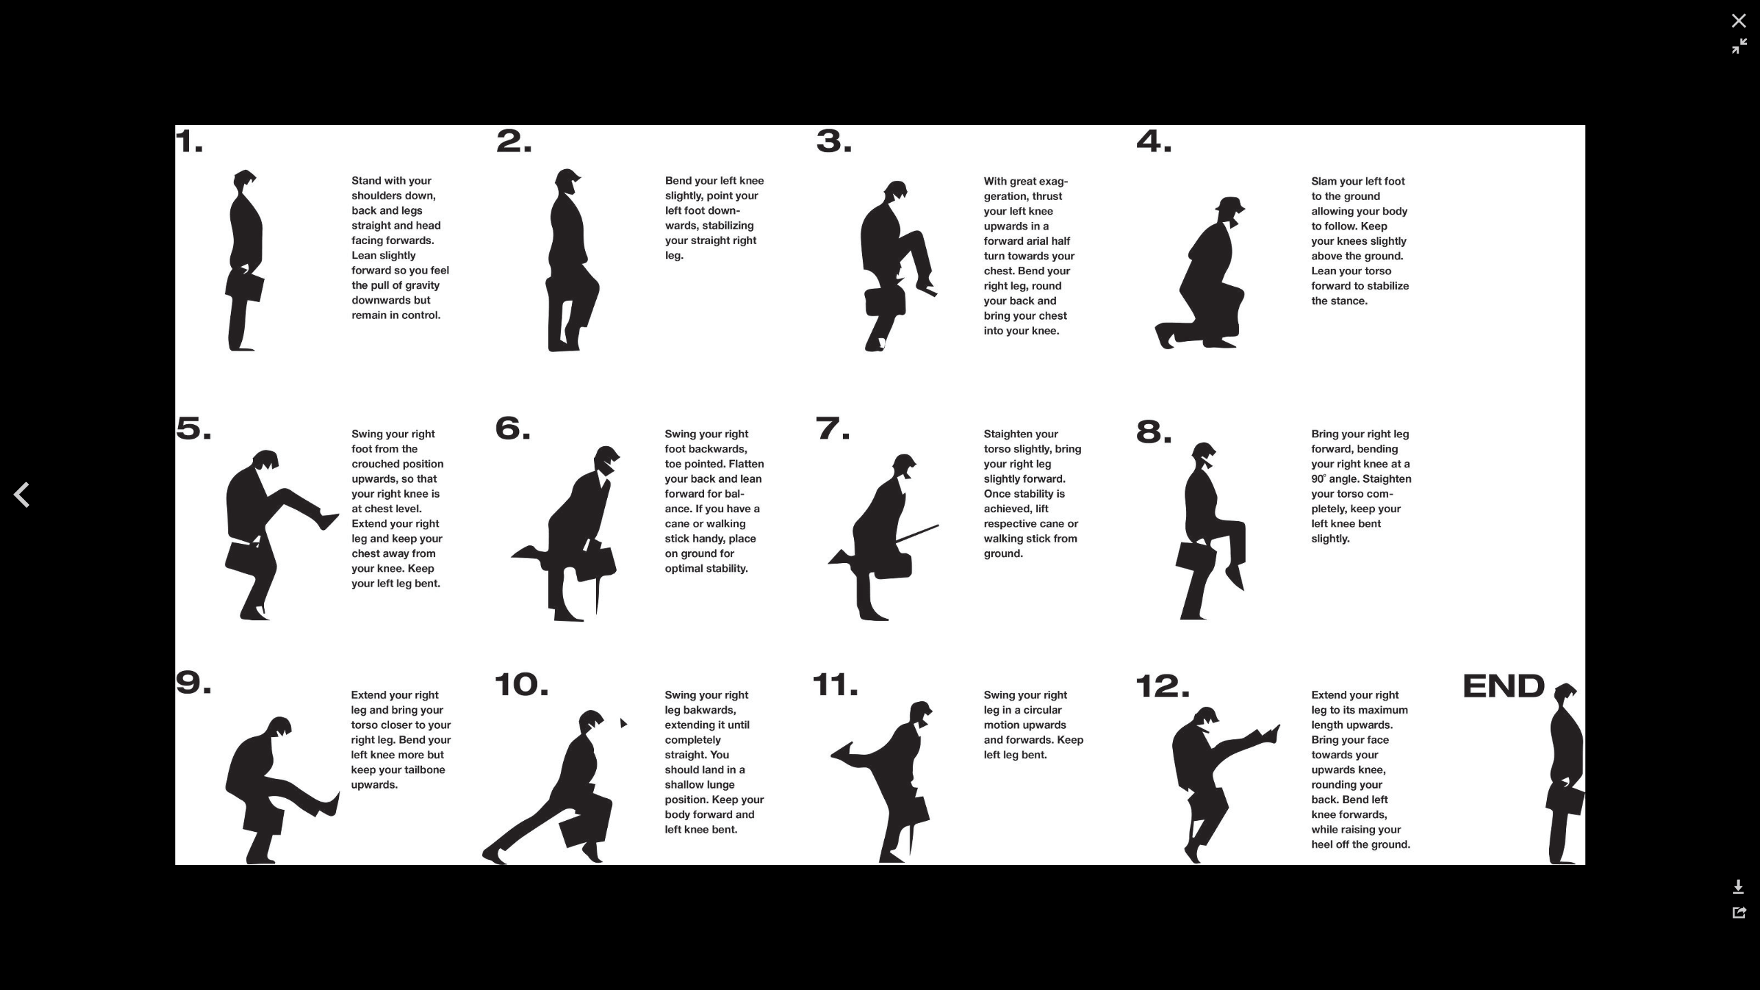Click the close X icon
pos(1739,21)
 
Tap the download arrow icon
pos(1739,887)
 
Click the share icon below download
pos(1739,912)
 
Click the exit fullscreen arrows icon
pos(1739,46)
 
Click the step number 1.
pos(189,142)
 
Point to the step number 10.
pos(521,684)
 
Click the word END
pos(1504,685)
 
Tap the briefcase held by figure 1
pos(247,287)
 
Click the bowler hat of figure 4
pos(1230,205)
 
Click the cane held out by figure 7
pos(917,533)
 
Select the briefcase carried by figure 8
pos(1194,556)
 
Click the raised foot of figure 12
pos(1271,734)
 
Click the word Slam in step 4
pos(1324,181)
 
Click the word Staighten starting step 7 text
pos(1011,434)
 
